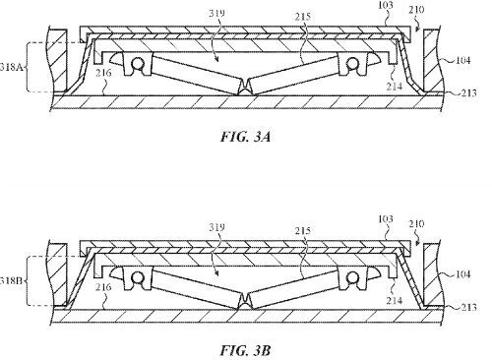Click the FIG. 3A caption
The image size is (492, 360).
coord(246,137)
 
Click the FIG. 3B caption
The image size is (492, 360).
coord(246,350)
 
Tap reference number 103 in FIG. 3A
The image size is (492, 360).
coord(385,5)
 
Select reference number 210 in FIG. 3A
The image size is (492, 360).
coord(416,10)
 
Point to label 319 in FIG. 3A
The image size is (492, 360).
coord(216,13)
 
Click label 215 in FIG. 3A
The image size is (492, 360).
coord(302,17)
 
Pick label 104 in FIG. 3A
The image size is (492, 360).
coord(462,60)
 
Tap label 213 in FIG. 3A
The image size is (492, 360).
coord(469,93)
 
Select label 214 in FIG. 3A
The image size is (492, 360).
coord(394,87)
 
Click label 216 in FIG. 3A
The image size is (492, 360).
coord(103,73)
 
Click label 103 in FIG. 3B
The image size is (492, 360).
coord(385,218)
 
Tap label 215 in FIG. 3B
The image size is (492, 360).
coord(302,230)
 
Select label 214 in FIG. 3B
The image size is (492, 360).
coord(394,300)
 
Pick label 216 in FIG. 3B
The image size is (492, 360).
coord(103,287)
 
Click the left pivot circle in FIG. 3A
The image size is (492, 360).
coord(138,63)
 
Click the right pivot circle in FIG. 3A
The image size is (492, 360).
coord(352,63)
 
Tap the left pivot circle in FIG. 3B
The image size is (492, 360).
coord(138,277)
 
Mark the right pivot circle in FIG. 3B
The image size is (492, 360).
coord(352,277)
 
